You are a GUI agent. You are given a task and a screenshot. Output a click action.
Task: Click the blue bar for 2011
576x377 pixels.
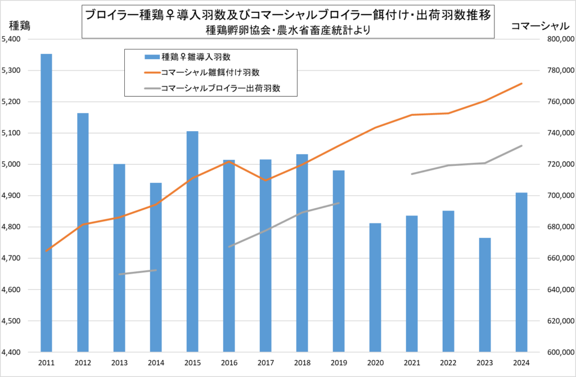tap(46, 203)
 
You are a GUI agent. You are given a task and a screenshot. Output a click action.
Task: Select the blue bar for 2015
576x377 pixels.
tap(192, 242)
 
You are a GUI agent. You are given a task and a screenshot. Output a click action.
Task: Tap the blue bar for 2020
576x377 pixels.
tap(375, 288)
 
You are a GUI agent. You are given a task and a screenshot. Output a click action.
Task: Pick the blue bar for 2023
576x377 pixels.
tap(485, 295)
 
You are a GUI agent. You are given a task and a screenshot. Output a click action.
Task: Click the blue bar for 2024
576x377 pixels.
tap(521, 272)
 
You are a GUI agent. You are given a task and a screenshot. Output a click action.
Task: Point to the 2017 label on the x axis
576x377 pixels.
tap(265, 363)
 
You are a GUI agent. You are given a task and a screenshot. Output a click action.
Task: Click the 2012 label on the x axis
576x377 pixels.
tap(83, 363)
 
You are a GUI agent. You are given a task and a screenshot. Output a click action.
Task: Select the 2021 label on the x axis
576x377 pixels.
tap(412, 363)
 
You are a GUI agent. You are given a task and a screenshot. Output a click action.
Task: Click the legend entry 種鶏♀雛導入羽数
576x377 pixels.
tap(197, 57)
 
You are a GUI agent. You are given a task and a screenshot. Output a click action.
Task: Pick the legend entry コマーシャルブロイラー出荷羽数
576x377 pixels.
tap(220, 88)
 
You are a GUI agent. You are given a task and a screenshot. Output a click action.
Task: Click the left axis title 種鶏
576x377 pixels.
tap(20, 25)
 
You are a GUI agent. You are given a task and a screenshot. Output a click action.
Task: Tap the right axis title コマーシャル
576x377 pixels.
tap(539, 25)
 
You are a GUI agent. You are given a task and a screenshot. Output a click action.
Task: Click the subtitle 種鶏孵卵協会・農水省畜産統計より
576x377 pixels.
tap(287, 30)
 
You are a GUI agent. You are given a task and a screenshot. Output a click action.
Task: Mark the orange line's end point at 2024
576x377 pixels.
tap(522, 83)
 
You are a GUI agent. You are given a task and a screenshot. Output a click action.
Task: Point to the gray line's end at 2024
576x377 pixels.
tap(522, 146)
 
